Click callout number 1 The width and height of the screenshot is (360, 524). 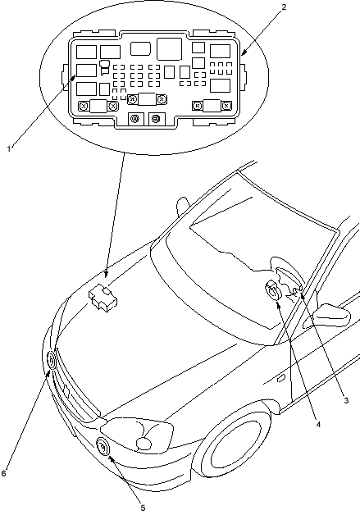[x=9, y=148]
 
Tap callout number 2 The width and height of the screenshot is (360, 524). [x=284, y=7]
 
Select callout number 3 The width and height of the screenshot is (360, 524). [x=346, y=400]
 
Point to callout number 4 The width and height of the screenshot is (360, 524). [x=318, y=424]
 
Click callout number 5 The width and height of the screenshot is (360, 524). [x=143, y=508]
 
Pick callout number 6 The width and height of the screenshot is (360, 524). [x=3, y=473]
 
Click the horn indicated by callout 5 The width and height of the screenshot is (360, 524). [x=103, y=447]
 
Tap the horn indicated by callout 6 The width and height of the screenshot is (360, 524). [x=51, y=361]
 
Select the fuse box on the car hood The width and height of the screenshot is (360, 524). [x=103, y=298]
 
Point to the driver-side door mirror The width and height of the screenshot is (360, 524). [x=333, y=315]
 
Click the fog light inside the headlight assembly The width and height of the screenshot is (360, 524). [x=144, y=444]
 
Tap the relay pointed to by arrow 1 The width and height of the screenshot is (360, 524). [x=86, y=71]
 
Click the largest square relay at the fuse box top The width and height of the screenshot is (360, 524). [x=169, y=48]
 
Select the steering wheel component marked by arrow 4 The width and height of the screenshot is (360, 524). [x=272, y=290]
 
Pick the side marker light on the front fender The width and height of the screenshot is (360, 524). [x=281, y=378]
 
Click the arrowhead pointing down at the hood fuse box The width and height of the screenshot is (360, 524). [x=106, y=274]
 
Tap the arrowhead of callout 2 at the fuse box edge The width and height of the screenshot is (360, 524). [x=244, y=52]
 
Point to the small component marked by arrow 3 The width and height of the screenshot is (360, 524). [x=297, y=290]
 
